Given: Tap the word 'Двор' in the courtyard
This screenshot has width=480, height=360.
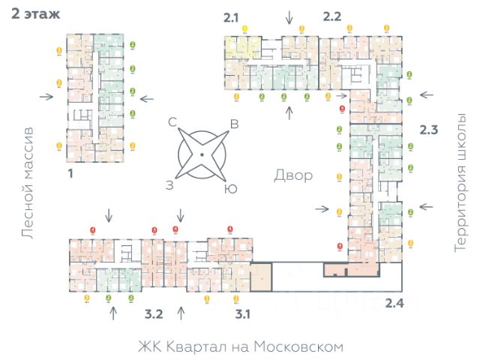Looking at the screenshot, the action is tap(292, 175).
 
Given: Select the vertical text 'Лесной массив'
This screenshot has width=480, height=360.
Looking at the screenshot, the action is tap(28, 183).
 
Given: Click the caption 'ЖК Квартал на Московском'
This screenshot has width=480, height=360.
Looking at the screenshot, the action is tap(240, 347).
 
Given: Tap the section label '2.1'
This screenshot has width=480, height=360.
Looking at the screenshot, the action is tap(232, 16).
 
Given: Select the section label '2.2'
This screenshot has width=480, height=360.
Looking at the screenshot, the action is tap(331, 16).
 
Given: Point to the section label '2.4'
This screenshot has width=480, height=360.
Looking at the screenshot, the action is tap(394, 303).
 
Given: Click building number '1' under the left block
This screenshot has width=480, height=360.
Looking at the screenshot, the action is tap(70, 172).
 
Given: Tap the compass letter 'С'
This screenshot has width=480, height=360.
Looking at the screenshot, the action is tap(172, 121).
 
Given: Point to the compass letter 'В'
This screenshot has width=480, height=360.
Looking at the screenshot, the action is tap(234, 124).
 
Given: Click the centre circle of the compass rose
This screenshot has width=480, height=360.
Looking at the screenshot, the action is tap(202, 155).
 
